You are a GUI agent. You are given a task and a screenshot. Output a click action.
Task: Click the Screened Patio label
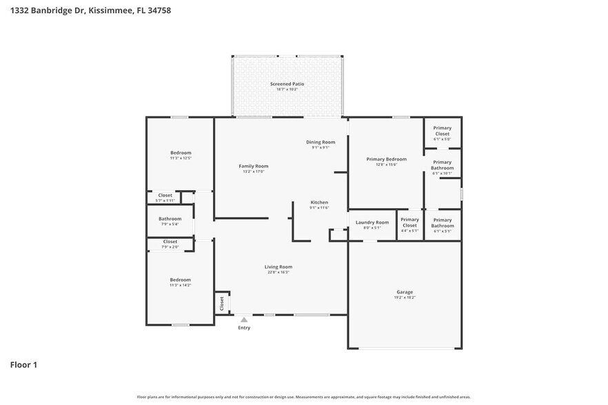(x=287, y=84)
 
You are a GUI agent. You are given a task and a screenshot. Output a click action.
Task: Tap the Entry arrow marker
(x=243, y=320)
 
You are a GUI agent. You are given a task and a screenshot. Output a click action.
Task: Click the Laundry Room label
(x=372, y=222)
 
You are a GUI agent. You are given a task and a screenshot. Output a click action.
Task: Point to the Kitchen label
(x=319, y=202)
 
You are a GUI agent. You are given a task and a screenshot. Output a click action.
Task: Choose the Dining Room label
(x=321, y=142)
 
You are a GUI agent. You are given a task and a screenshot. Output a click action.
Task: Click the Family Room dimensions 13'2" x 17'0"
(x=254, y=172)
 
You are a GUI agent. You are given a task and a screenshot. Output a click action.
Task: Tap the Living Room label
(x=278, y=267)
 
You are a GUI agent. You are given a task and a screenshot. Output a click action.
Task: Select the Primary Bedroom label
(x=386, y=159)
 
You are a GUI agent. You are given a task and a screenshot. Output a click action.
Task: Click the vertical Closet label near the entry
(x=222, y=302)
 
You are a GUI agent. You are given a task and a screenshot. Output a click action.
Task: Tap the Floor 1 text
(x=23, y=364)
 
